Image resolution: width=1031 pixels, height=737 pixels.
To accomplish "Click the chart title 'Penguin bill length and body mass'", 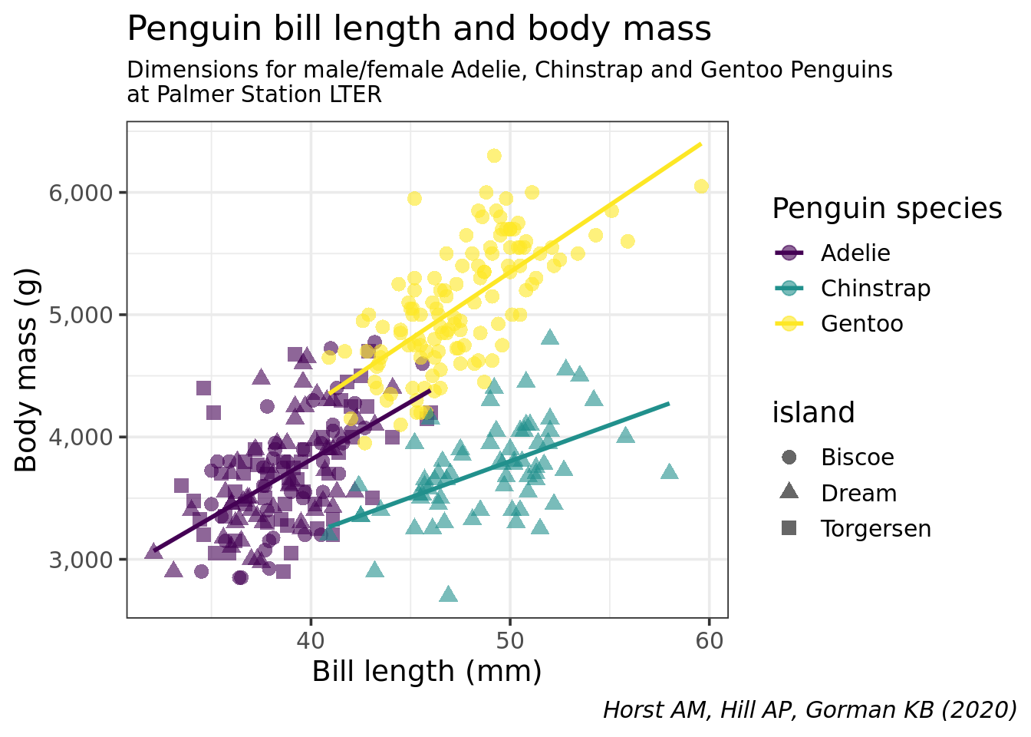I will [x=419, y=29].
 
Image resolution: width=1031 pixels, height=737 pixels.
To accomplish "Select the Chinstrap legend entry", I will [x=875, y=288].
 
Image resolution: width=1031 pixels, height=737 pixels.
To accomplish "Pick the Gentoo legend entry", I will [x=861, y=323].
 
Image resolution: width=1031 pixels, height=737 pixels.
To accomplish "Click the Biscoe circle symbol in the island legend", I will [x=789, y=458].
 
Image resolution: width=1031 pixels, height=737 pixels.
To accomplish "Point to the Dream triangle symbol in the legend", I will [x=789, y=492].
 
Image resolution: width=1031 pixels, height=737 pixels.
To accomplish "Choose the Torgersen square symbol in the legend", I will [x=789, y=528].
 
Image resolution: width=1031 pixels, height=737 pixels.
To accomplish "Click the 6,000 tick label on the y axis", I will [x=81, y=192].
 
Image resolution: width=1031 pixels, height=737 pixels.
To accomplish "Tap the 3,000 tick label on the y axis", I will [x=81, y=559].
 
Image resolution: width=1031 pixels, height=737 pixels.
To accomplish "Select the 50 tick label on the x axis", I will [x=509, y=640].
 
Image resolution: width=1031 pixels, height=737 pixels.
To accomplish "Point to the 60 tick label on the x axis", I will [x=709, y=640].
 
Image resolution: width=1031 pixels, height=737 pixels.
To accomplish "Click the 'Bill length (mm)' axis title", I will [x=427, y=672].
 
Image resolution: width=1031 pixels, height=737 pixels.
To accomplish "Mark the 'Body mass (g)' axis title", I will [x=27, y=370].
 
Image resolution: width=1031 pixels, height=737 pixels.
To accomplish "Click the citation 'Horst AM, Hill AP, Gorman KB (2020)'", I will [x=809, y=709].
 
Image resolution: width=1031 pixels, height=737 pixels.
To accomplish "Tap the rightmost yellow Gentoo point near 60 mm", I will [x=701, y=187].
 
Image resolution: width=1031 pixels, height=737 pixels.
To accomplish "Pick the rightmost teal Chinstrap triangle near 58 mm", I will [x=669, y=471].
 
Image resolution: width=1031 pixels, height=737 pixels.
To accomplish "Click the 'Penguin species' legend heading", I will [x=887, y=209].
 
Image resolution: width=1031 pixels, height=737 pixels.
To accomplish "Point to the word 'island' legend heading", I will [x=813, y=413].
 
